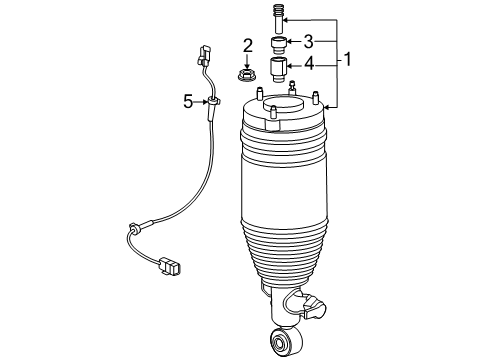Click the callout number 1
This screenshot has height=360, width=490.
pyautogui.click(x=347, y=59)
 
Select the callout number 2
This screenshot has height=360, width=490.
pyautogui.click(x=248, y=46)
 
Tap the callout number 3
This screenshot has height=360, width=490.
pyautogui.click(x=309, y=42)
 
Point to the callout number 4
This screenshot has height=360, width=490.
pyautogui.click(x=309, y=63)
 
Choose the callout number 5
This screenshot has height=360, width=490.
pyautogui.click(x=188, y=101)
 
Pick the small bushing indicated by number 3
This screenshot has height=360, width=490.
pyautogui.click(x=278, y=46)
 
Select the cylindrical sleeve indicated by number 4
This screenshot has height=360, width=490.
pyautogui.click(x=278, y=69)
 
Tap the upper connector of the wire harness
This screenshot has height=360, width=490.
pyautogui.click(x=204, y=55)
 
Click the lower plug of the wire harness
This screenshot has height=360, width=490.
pyautogui.click(x=170, y=265)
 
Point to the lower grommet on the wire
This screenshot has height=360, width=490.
pyautogui.click(x=135, y=228)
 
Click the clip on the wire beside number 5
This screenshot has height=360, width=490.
pyautogui.click(x=213, y=101)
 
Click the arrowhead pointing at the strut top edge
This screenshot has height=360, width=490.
pyautogui.click(x=327, y=107)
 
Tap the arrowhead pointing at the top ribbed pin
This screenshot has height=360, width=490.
pyautogui.click(x=286, y=21)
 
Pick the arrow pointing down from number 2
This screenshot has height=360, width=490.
pyautogui.click(x=247, y=61)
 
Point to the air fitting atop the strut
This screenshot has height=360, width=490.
pyautogui.click(x=292, y=87)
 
